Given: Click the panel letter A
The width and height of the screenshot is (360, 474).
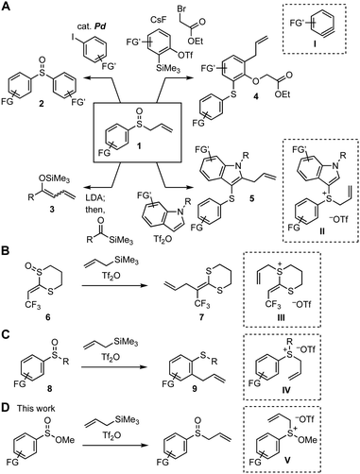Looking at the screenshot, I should (x=7, y=8).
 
